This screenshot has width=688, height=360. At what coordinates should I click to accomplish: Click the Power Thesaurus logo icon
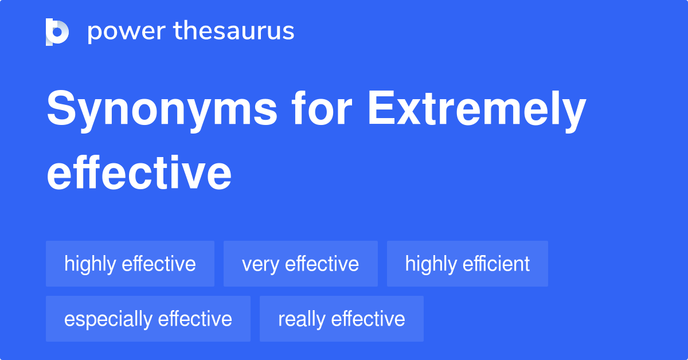57,32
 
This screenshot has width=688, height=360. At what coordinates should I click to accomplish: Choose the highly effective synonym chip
130,264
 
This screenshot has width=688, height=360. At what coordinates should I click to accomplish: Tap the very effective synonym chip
300,264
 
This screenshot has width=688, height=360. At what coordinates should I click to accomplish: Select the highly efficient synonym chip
467,264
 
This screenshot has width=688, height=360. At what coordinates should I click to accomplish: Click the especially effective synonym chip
148,319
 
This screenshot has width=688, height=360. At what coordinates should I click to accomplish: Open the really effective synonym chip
342,319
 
